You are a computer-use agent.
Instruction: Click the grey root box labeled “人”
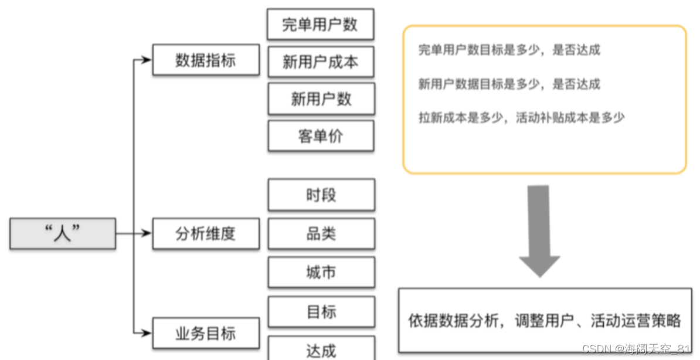point(63,233)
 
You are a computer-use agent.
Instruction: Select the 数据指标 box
point(205,60)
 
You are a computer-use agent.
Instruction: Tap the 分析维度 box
point(205,233)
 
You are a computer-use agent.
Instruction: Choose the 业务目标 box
point(205,334)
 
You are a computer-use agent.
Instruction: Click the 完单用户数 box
point(320,25)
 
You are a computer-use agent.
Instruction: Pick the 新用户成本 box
point(321,62)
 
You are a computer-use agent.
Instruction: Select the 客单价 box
point(321,136)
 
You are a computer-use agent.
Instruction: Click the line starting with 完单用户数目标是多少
point(509,50)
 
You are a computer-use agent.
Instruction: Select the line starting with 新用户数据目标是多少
point(509,84)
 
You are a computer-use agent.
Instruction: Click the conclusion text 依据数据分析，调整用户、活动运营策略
point(545,321)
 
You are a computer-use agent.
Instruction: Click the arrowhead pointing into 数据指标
point(147,60)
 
